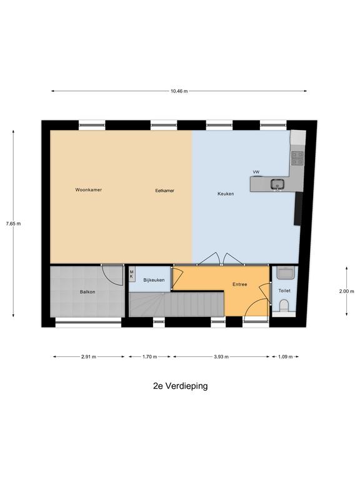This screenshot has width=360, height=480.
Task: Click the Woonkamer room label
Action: click(x=89, y=190)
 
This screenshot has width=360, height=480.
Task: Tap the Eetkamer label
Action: click(x=165, y=191)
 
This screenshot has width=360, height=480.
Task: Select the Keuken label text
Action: click(x=226, y=194)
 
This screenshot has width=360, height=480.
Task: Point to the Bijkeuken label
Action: click(x=154, y=280)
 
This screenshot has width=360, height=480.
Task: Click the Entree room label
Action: click(x=240, y=284)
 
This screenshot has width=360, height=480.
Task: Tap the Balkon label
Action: click(x=87, y=292)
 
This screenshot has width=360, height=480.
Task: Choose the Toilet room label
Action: click(x=284, y=291)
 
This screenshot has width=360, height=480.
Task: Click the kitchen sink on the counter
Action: click(x=277, y=184)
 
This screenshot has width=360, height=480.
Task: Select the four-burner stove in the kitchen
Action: click(x=297, y=158)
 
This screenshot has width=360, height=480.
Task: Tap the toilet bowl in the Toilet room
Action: click(x=284, y=305)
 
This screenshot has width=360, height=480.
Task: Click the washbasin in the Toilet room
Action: click(x=286, y=272)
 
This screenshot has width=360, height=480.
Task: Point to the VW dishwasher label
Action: click(x=256, y=172)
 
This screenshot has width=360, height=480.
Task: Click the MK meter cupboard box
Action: click(x=132, y=274)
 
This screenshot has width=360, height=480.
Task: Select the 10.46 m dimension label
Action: click(x=179, y=91)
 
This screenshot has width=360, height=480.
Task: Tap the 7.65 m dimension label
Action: click(x=14, y=224)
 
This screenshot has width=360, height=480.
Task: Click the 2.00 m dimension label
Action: click(x=346, y=291)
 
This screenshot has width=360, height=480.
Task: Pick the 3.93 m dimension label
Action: click(x=221, y=357)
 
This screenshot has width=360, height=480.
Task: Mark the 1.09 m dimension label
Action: click(x=285, y=357)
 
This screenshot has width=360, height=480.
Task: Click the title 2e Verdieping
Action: click(x=180, y=386)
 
